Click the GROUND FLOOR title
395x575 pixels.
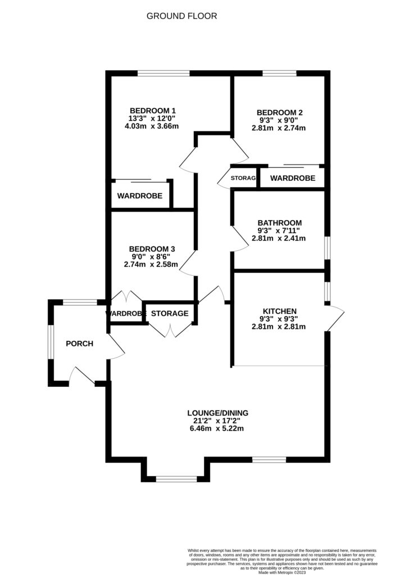tap(181, 16)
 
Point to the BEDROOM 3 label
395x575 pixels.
tap(152, 249)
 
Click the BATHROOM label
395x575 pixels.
tap(279, 222)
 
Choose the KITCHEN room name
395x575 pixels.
tap(279, 311)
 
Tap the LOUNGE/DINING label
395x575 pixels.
tap(218, 413)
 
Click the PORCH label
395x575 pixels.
tap(79, 344)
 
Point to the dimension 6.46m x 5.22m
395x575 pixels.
tap(218, 428)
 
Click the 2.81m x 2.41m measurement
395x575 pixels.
tap(279, 238)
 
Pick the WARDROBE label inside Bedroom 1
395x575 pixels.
tap(140, 196)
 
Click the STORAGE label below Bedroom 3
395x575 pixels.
tap(170, 313)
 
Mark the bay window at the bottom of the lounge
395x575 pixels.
tap(176, 479)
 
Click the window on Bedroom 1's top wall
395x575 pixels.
tap(164, 72)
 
